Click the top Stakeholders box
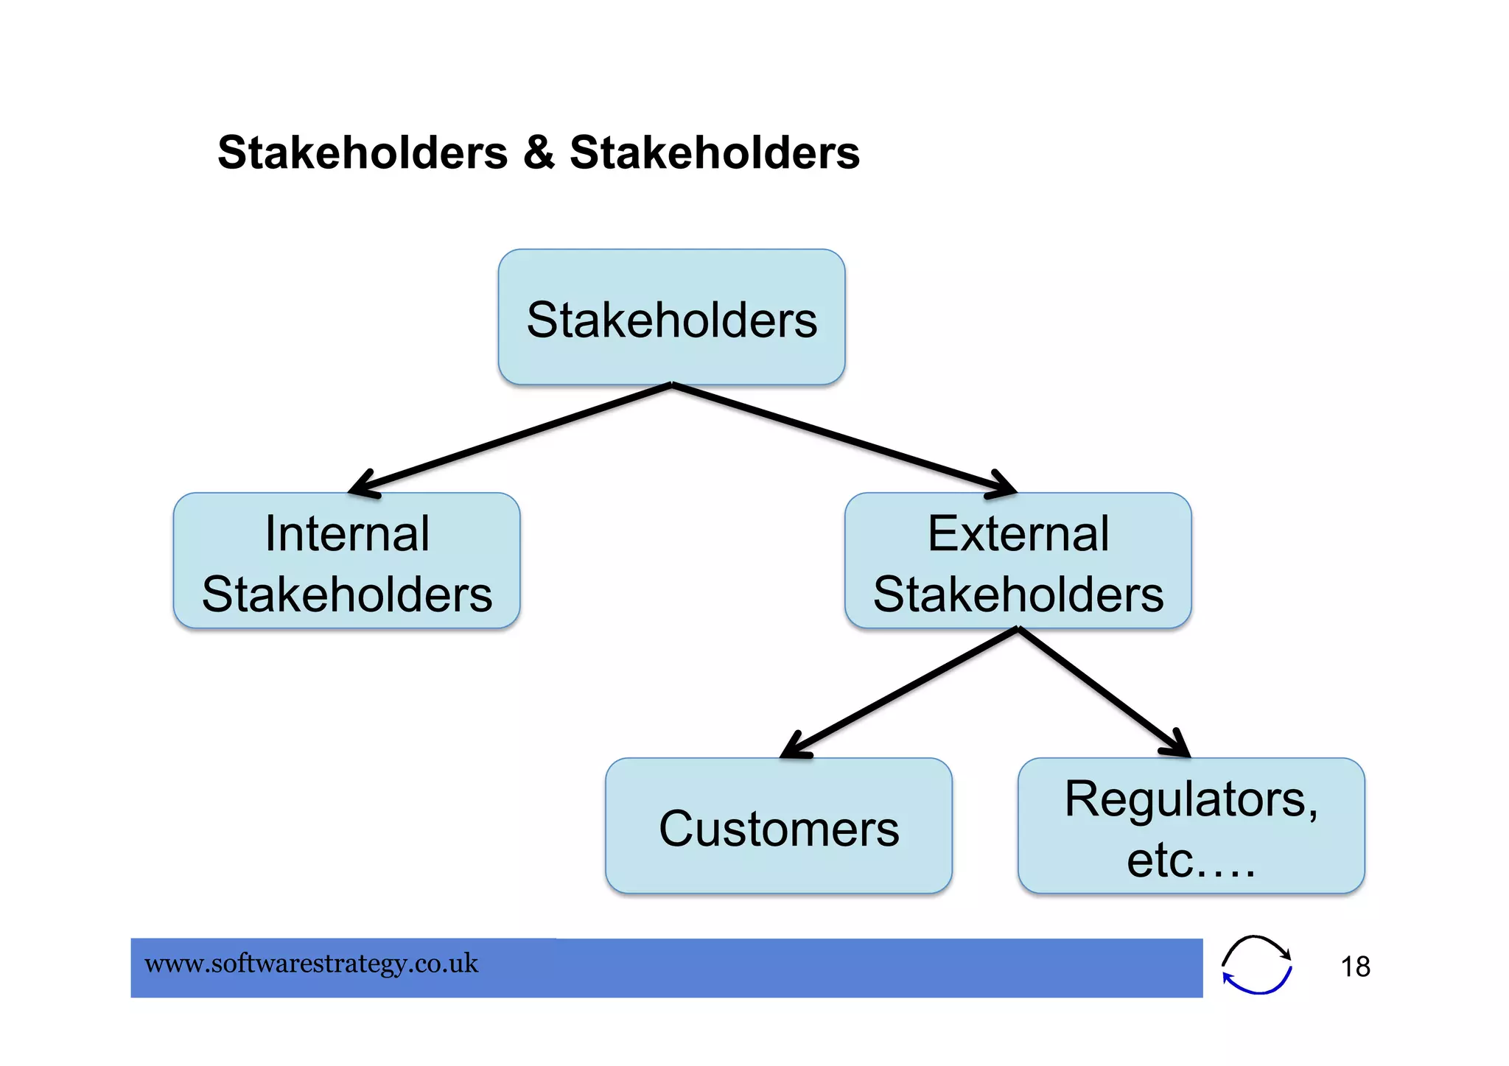[671, 318]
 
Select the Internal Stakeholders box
[346, 561]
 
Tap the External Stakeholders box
[1018, 561]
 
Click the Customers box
[778, 826]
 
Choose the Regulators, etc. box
[1191, 826]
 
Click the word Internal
[346, 533]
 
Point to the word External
[1018, 533]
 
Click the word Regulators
[1191, 799]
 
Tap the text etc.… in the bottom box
[1191, 860]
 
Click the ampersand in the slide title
[539, 152]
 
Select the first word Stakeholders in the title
[363, 152]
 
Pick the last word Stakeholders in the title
[714, 152]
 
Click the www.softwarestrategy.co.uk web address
[311, 964]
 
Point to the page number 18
[1354, 967]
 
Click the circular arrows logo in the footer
[1256, 964]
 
